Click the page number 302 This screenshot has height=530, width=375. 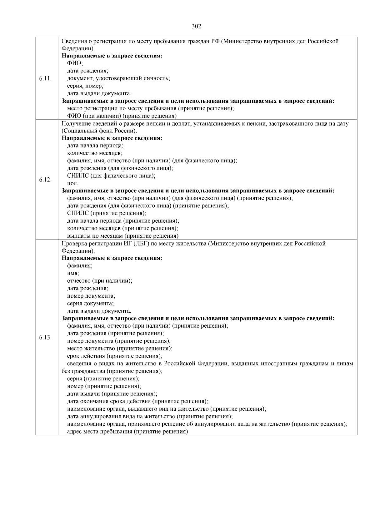click(x=196, y=26)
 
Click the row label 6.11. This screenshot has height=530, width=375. click(x=45, y=78)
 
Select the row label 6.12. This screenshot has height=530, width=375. click(x=45, y=180)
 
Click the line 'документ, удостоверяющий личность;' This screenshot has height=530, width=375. click(x=118, y=78)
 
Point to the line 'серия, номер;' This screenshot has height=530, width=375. click(x=85, y=86)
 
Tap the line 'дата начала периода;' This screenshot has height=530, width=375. click(x=95, y=146)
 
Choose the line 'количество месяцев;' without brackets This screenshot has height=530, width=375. click(x=95, y=153)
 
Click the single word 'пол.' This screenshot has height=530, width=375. click(x=73, y=183)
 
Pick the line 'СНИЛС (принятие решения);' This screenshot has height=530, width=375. click(x=107, y=213)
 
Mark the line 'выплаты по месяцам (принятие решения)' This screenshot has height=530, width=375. click(x=123, y=236)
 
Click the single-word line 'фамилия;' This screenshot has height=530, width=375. click(x=80, y=266)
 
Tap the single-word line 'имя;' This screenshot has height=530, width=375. click(x=73, y=273)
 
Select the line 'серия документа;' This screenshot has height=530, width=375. click(x=90, y=303)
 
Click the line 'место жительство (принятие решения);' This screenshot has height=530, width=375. click(x=120, y=348)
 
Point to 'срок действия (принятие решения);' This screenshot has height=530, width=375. click(x=115, y=356)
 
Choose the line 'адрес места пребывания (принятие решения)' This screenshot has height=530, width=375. click(x=127, y=431)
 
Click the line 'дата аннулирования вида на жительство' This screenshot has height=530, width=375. click(x=150, y=416)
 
